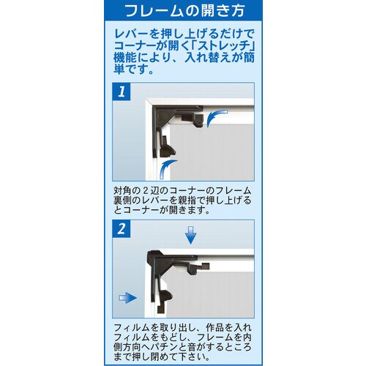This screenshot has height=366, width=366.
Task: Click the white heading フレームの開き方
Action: pos(182,12)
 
